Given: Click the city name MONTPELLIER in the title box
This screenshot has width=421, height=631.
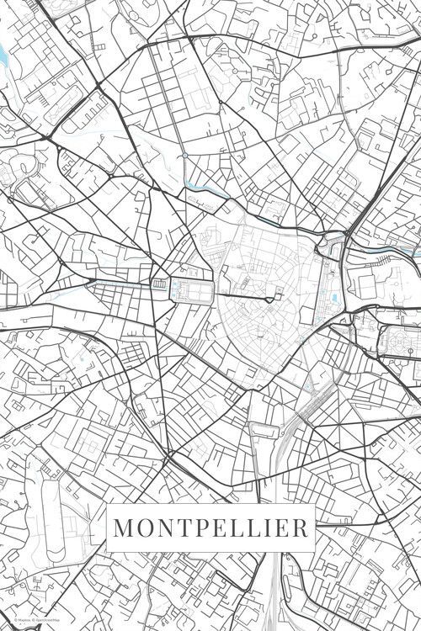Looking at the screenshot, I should tap(210, 528).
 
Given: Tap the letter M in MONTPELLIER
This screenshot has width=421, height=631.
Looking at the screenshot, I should tap(122, 528).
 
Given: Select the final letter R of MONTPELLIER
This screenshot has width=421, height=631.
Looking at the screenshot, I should tap(301, 528).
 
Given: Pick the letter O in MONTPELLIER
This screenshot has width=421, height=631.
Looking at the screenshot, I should tap(142, 528).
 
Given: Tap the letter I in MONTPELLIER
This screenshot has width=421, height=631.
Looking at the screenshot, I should tap(267, 528).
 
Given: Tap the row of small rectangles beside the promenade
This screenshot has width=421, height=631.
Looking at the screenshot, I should tap(158, 284).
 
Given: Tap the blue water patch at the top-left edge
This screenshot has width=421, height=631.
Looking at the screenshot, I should tap(3, 57).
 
